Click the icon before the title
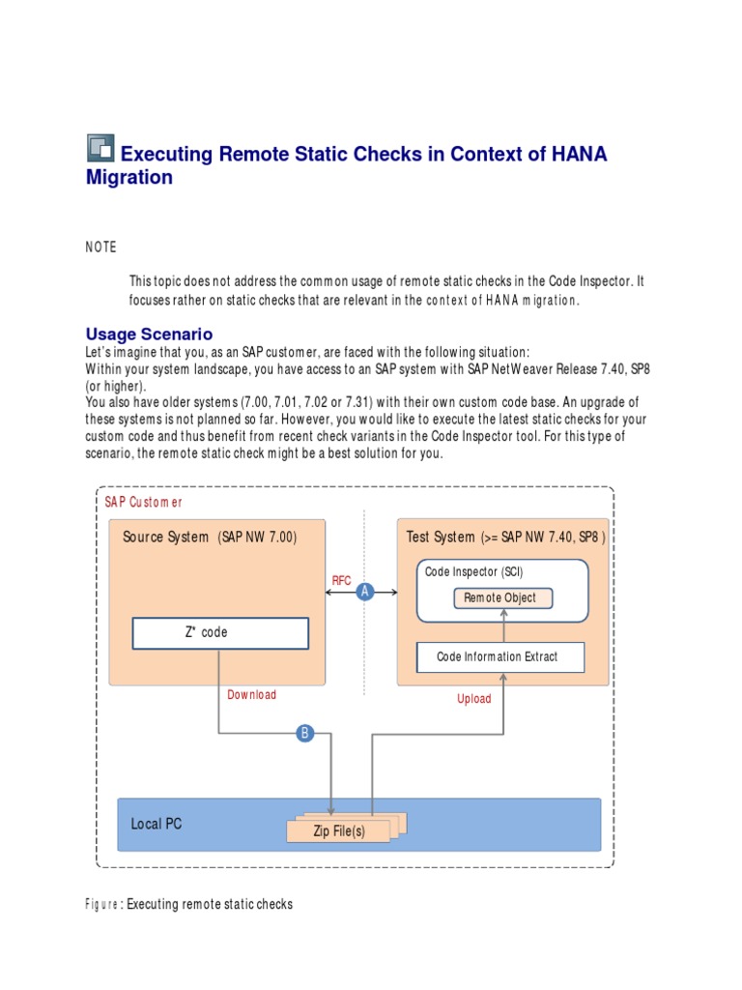click(100, 148)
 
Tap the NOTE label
click(100, 247)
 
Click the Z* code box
click(220, 632)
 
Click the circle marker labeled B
click(305, 734)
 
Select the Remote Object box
click(502, 597)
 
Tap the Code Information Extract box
click(499, 656)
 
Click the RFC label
click(342, 580)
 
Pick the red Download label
click(251, 694)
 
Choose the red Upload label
click(473, 698)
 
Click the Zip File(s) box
click(338, 830)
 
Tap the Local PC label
click(157, 824)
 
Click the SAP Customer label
click(143, 502)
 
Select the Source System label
click(165, 538)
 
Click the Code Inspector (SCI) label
click(473, 572)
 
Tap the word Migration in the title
click(129, 178)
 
